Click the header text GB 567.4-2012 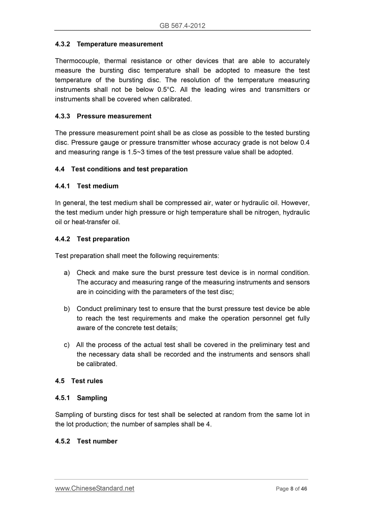[x=182, y=25]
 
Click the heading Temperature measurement [x=120, y=44]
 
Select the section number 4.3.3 [x=62, y=116]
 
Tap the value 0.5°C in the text [x=166, y=90]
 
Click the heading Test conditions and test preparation [x=129, y=169]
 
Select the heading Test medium [x=98, y=186]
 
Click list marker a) [x=67, y=273]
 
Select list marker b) [x=67, y=309]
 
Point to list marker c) [x=67, y=345]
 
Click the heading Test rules [x=87, y=381]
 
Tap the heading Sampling [x=92, y=398]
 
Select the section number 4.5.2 [x=62, y=441]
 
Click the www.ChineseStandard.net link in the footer [x=95, y=488]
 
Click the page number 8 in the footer [x=292, y=489]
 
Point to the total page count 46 [x=304, y=489]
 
